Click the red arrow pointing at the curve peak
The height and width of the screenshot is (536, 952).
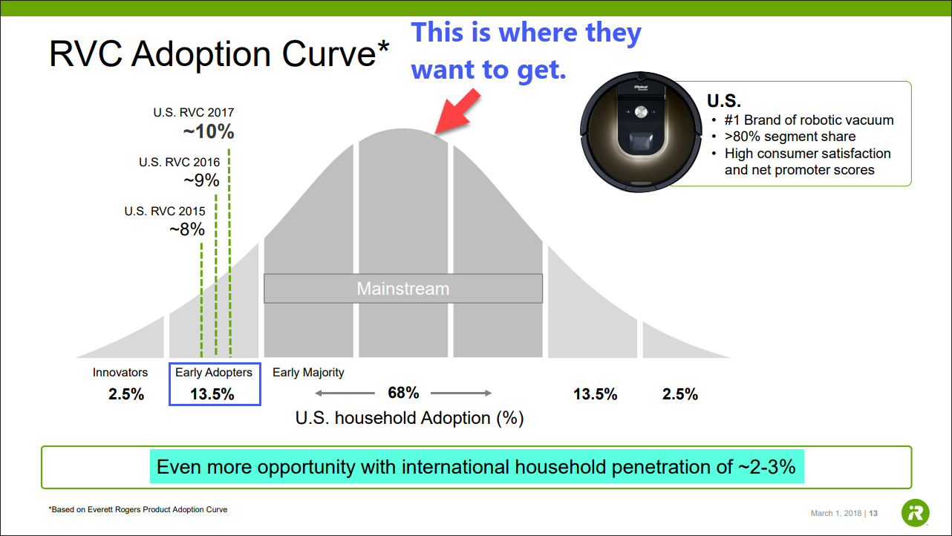457,111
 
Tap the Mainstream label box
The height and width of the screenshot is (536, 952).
403,288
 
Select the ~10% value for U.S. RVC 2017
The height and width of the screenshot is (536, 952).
209,131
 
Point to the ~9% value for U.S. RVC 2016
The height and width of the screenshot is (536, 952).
201,180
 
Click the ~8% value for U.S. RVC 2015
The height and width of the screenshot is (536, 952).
187,229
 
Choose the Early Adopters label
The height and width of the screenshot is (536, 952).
214,373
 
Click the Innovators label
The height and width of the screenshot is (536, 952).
120,373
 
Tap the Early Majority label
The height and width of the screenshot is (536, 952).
308,373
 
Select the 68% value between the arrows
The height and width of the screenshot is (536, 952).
403,393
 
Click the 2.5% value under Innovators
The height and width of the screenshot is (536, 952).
126,394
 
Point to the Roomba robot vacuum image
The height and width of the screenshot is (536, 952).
641,131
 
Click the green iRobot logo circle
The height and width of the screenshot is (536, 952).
916,513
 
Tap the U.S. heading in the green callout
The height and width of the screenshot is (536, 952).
724,101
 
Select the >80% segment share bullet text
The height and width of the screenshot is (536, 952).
790,137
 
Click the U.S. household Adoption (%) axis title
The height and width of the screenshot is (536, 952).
410,419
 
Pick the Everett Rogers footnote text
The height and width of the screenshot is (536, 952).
137,509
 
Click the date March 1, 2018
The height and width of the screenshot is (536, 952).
836,513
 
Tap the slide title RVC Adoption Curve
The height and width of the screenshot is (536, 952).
219,54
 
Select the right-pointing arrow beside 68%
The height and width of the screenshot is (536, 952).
461,393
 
